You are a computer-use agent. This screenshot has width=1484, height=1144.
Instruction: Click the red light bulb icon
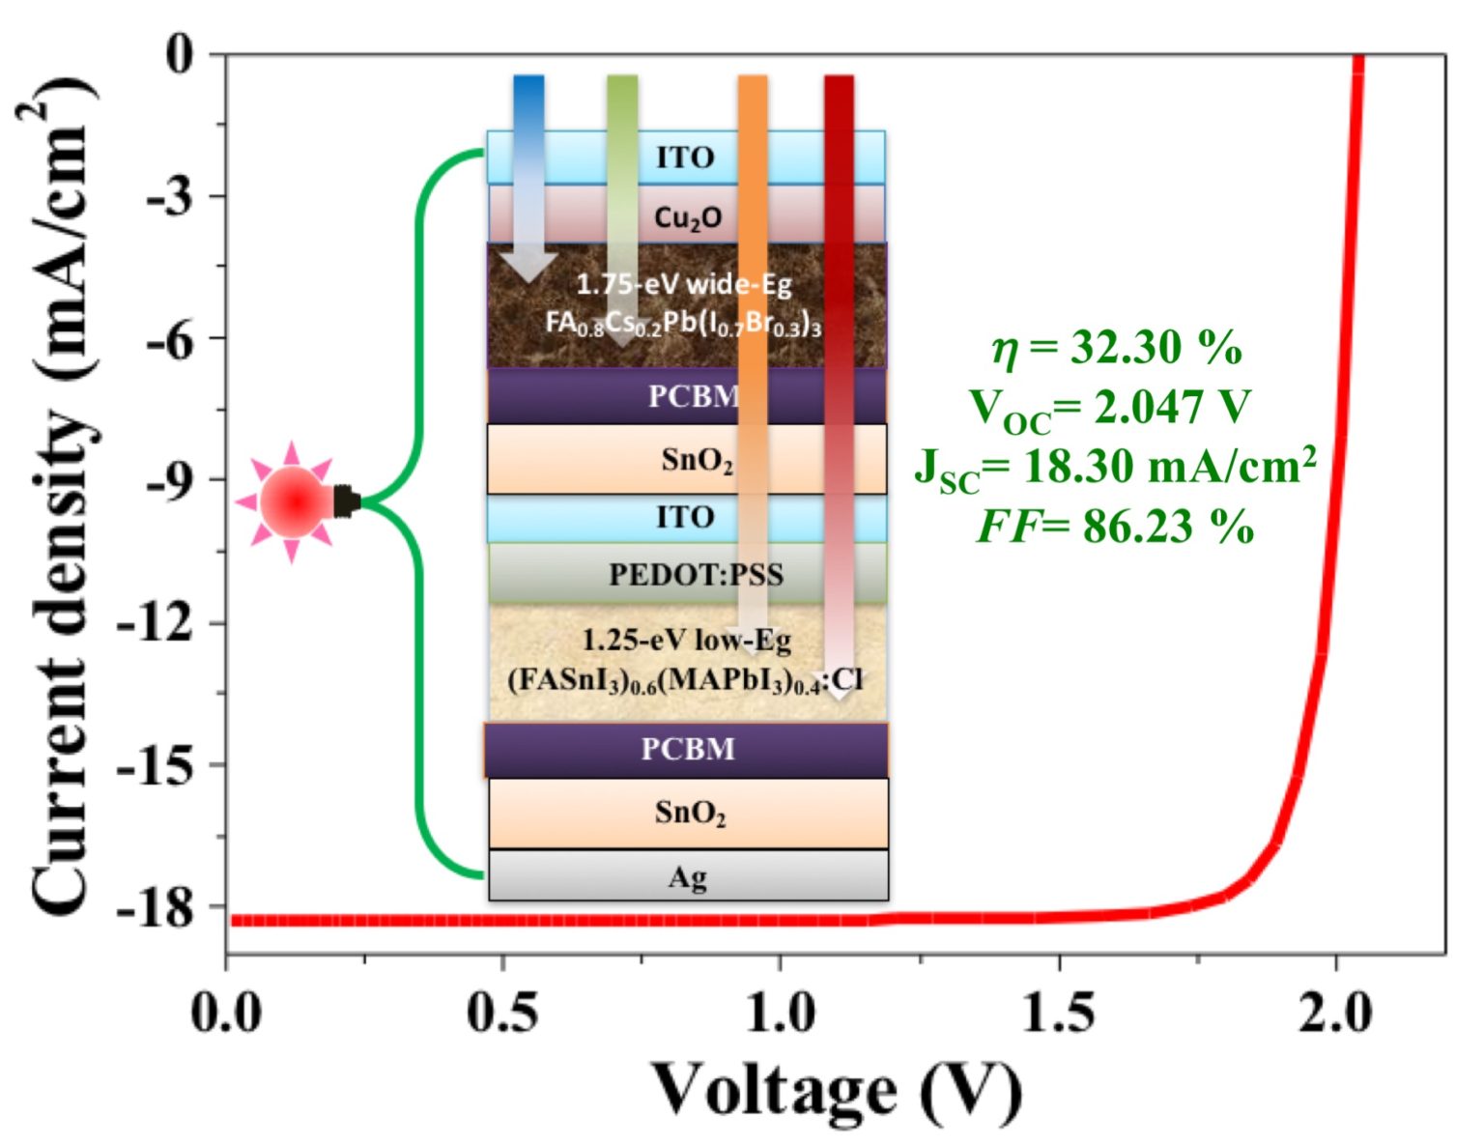pyautogui.click(x=294, y=501)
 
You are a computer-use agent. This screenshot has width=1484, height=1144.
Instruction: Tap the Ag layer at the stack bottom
pyautogui.click(x=688, y=876)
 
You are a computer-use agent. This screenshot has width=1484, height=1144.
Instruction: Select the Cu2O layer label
pyautogui.click(x=688, y=216)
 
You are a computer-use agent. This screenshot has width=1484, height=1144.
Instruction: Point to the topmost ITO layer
pyautogui.click(x=686, y=157)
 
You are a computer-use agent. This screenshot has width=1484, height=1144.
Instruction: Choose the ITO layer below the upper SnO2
pyautogui.click(x=686, y=518)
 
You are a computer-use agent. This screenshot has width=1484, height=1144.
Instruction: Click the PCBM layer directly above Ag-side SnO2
pyautogui.click(x=688, y=749)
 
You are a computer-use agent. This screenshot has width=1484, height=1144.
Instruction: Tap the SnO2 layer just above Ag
pyautogui.click(x=688, y=813)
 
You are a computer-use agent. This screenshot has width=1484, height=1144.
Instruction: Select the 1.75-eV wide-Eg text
pyautogui.click(x=684, y=284)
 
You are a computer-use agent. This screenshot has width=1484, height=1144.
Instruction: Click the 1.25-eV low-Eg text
pyautogui.click(x=686, y=640)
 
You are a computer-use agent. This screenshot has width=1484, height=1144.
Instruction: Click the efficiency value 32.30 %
pyautogui.click(x=1117, y=347)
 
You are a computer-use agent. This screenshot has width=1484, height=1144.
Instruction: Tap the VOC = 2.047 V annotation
pyautogui.click(x=1111, y=408)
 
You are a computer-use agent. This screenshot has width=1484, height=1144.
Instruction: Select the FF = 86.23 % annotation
pyautogui.click(x=1115, y=527)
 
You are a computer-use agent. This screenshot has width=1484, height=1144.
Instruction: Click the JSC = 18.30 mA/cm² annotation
pyautogui.click(x=1115, y=468)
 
